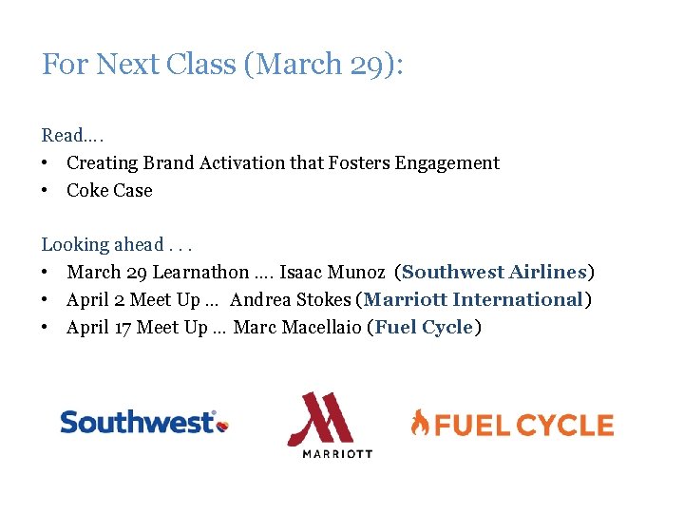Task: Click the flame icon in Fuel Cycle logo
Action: pyautogui.click(x=419, y=423)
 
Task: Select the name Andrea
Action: pyautogui.click(x=259, y=300)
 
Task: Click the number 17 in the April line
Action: pyautogui.click(x=122, y=328)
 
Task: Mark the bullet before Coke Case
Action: pyautogui.click(x=47, y=191)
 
